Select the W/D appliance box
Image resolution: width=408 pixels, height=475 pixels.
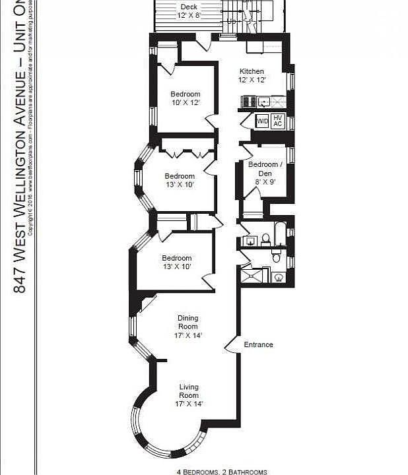[262, 121]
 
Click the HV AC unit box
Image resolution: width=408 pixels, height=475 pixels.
[278, 121]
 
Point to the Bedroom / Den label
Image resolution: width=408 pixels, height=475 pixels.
[264, 168]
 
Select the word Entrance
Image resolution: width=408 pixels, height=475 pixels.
[258, 344]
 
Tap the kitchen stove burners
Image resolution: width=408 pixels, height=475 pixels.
[249, 102]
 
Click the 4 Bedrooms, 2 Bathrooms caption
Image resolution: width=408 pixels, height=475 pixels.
[222, 471]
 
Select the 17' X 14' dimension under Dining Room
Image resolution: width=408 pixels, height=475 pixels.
[188, 335]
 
